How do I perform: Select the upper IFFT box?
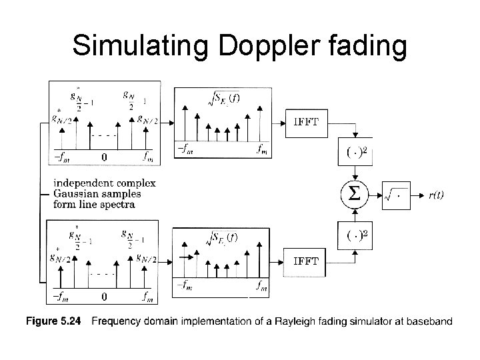306,121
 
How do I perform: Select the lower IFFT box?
306,261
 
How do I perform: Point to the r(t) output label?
437,195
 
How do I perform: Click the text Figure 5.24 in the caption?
53,322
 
